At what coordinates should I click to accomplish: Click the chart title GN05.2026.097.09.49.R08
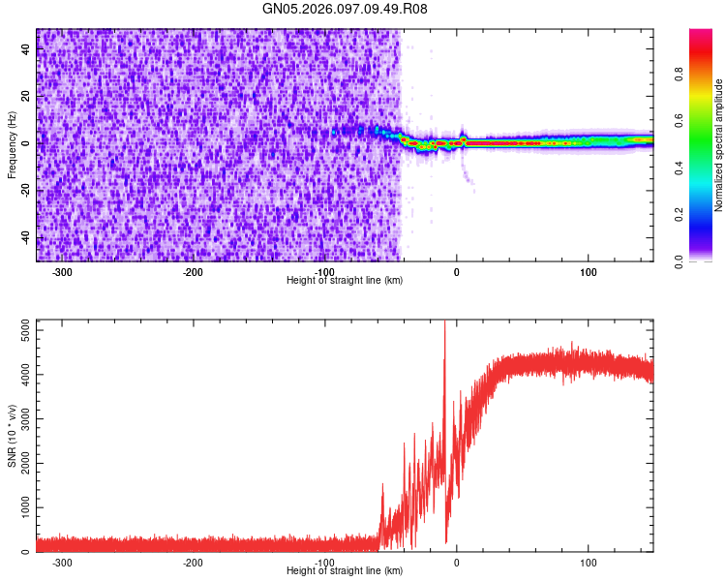(x=346, y=9)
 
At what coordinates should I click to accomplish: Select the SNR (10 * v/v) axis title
(x=12, y=435)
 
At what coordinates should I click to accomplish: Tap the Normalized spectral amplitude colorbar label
(x=719, y=145)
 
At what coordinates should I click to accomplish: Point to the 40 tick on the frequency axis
(x=26, y=47)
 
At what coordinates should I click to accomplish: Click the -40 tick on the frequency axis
(x=24, y=237)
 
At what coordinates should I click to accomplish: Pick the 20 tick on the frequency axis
(x=26, y=95)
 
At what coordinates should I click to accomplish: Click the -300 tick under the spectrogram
(x=62, y=272)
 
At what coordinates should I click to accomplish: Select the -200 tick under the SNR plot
(x=194, y=563)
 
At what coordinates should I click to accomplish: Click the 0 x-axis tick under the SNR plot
(x=457, y=563)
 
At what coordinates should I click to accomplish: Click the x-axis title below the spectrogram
(x=345, y=280)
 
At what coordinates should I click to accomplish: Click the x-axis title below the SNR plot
(x=345, y=570)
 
